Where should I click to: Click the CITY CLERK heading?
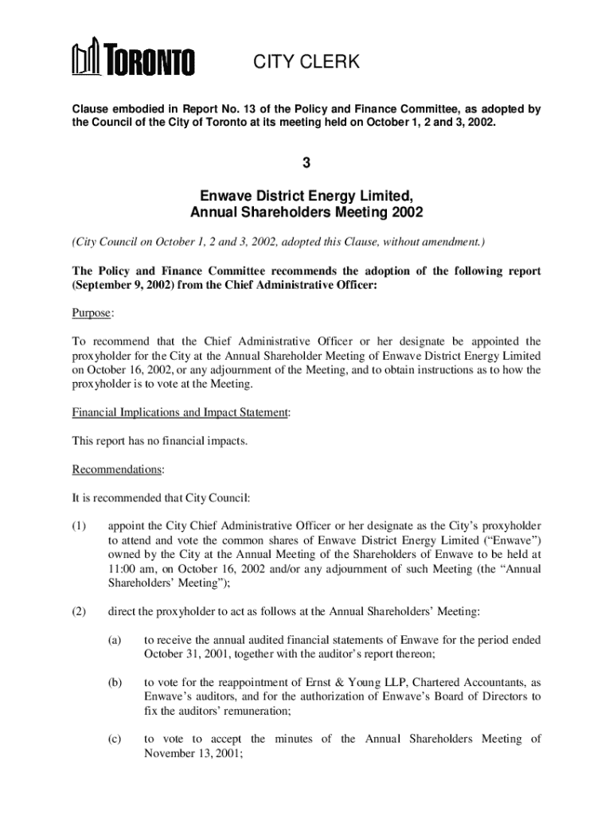[x=306, y=62]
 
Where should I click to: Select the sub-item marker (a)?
[x=115, y=639]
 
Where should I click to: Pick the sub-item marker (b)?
[x=116, y=682]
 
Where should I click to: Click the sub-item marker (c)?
[x=115, y=739]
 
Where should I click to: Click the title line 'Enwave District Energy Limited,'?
[x=306, y=196]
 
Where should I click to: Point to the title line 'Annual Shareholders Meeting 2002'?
[x=306, y=213]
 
